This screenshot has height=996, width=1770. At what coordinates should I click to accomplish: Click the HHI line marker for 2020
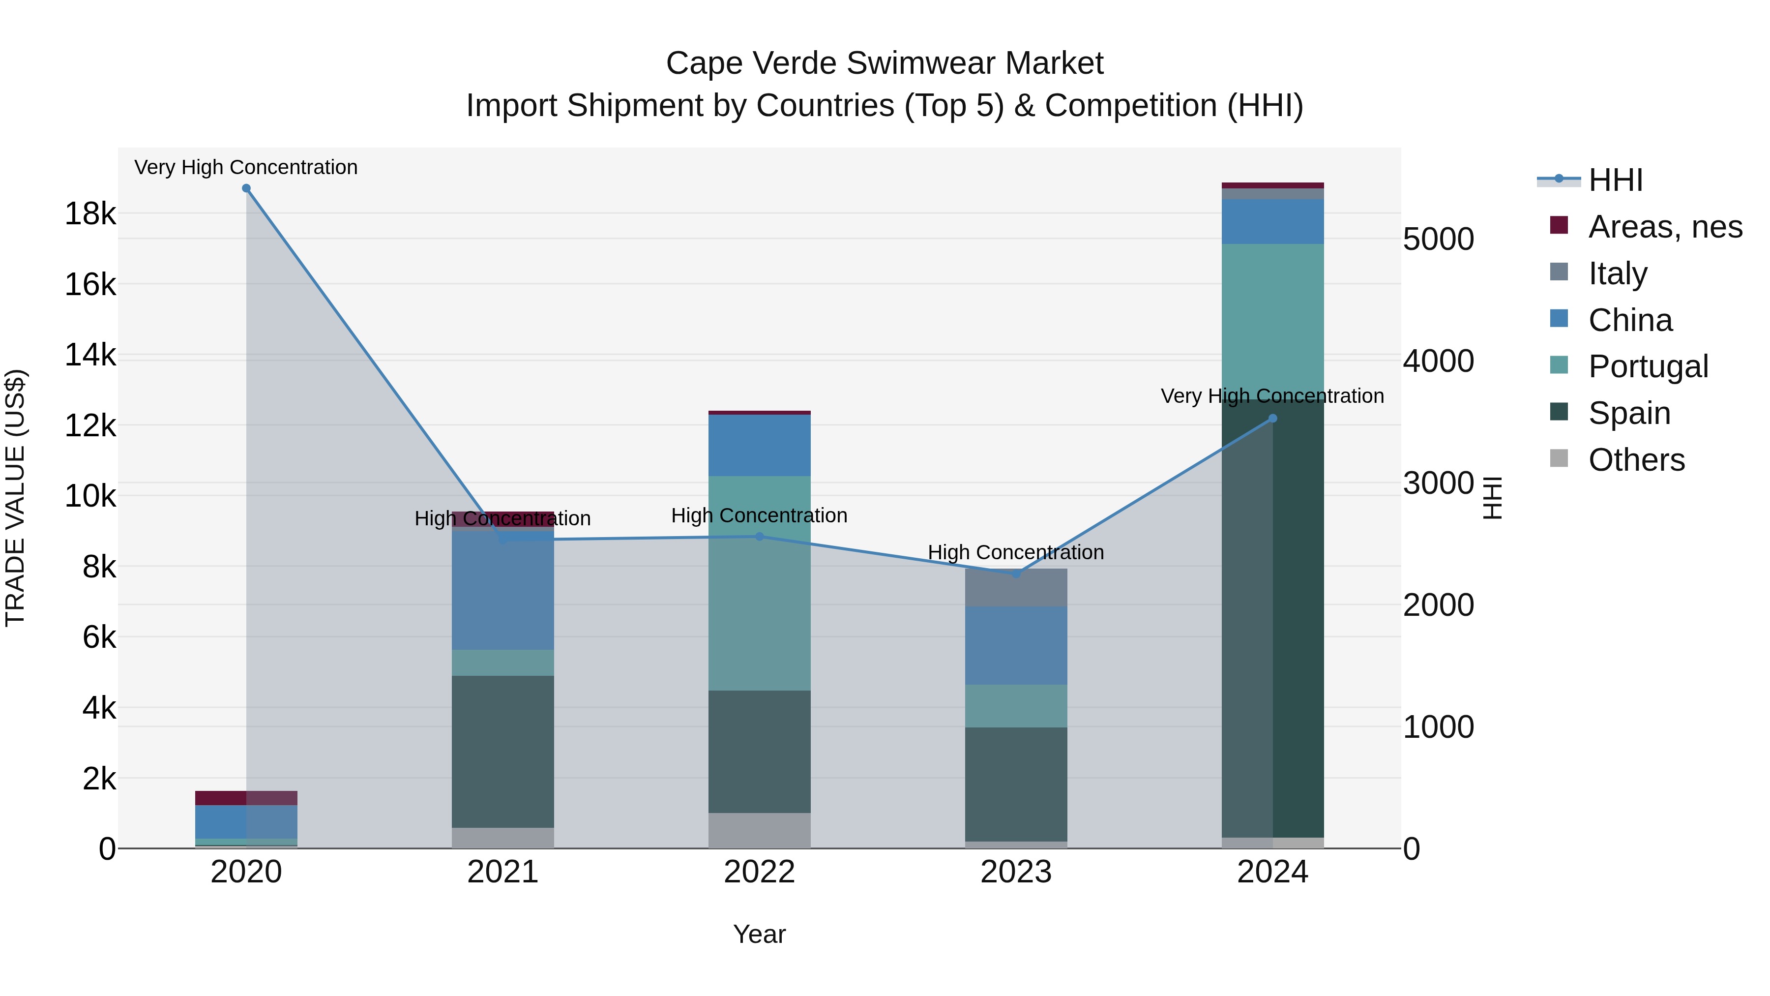pos(246,188)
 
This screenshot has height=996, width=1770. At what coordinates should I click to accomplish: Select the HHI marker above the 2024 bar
pos(1272,418)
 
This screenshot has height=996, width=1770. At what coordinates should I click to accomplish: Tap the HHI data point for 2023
pos(1016,574)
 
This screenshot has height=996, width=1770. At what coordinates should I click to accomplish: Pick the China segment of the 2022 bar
pos(759,446)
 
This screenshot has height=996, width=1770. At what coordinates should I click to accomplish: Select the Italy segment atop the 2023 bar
pos(1016,588)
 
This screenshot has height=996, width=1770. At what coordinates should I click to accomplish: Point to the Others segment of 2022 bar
pos(759,830)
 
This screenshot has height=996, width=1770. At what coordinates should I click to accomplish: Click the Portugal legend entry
pos(1648,366)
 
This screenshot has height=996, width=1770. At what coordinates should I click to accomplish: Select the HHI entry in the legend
pos(1615,180)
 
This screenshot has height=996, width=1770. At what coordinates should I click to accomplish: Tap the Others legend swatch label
pos(1636,460)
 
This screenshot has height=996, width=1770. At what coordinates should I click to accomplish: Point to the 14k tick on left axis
pos(90,356)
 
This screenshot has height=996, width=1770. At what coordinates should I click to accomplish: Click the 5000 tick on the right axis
pos(1438,239)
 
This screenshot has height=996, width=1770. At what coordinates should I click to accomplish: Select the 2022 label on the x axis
pos(759,872)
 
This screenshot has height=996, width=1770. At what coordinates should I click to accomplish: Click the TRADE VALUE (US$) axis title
pos(15,498)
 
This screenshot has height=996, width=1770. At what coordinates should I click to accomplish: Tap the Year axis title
pos(759,934)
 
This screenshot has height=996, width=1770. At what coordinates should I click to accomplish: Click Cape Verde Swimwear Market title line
pos(885,63)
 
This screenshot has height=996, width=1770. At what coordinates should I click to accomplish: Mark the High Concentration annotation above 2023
pos(1016,552)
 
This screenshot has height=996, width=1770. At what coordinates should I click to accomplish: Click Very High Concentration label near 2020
pos(246,167)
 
